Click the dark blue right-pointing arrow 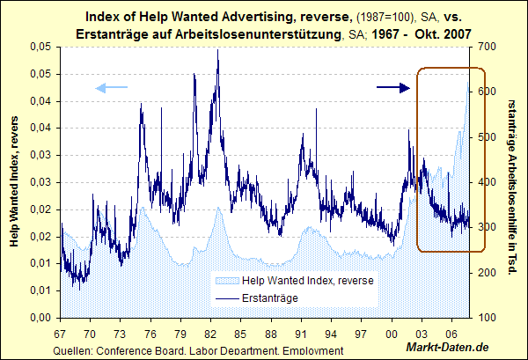pos(393,86)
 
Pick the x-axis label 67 pos(61,334)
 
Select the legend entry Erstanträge pos(268,298)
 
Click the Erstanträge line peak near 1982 pos(217,51)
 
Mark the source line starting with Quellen pos(198,351)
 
